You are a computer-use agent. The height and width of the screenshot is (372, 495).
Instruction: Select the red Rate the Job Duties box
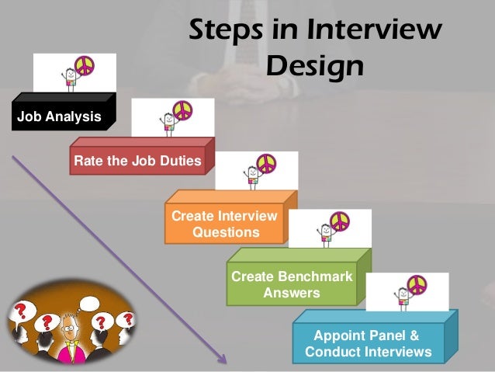point(137,162)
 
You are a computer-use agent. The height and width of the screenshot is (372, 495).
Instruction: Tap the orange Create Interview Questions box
point(223,224)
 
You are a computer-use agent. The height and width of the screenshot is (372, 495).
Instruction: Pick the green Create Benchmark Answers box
point(291,285)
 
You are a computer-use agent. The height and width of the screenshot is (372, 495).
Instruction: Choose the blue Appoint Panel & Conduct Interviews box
point(368,343)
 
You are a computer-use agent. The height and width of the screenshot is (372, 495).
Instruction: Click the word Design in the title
point(314,67)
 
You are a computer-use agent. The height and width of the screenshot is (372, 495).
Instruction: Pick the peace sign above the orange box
point(266,164)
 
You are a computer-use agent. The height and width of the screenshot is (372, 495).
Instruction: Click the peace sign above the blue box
point(417,284)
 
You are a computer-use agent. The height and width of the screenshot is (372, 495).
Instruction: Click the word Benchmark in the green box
point(314,277)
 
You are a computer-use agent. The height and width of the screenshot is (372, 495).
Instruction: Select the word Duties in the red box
point(180,162)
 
